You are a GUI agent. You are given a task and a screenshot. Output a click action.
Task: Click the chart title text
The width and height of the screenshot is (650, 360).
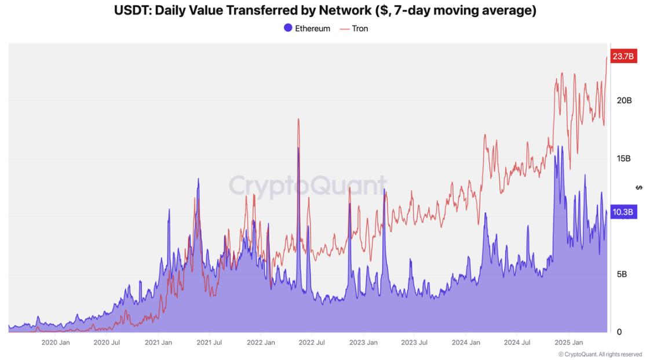tap(325, 10)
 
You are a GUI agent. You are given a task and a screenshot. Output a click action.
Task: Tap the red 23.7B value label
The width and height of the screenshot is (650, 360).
tap(624, 56)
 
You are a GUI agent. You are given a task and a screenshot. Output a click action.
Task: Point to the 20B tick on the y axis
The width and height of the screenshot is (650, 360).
tap(624, 100)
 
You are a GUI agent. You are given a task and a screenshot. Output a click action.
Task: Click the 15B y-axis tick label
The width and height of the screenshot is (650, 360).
tap(624, 158)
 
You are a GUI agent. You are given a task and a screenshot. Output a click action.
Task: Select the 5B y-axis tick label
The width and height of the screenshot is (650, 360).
tap(622, 274)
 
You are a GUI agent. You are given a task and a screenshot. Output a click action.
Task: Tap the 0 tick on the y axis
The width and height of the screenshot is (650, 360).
tap(619, 332)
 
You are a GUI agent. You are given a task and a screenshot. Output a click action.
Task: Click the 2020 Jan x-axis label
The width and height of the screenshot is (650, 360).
tap(56, 343)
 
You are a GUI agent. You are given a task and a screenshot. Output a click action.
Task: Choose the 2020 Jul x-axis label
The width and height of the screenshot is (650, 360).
tap(107, 343)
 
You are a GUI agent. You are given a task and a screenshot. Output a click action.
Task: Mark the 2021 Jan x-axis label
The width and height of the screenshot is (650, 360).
tap(158, 343)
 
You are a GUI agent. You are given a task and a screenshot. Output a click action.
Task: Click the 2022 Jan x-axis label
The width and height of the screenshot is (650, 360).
tap(261, 343)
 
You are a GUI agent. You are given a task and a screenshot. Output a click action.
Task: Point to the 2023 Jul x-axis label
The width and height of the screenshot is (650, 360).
tap(414, 343)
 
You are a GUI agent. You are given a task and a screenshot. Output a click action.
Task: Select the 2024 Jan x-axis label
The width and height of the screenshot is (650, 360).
tap(466, 343)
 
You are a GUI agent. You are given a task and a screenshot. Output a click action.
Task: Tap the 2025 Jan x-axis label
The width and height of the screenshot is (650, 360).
tap(568, 343)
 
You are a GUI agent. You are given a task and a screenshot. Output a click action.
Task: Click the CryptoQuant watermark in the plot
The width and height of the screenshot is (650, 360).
tap(308, 186)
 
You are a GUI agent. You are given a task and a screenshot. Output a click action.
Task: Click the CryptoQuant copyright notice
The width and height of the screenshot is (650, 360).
tap(600, 354)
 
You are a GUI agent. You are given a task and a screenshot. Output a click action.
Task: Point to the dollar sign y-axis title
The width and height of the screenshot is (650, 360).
tap(639, 187)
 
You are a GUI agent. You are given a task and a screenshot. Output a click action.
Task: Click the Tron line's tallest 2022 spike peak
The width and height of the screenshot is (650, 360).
tap(298, 119)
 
